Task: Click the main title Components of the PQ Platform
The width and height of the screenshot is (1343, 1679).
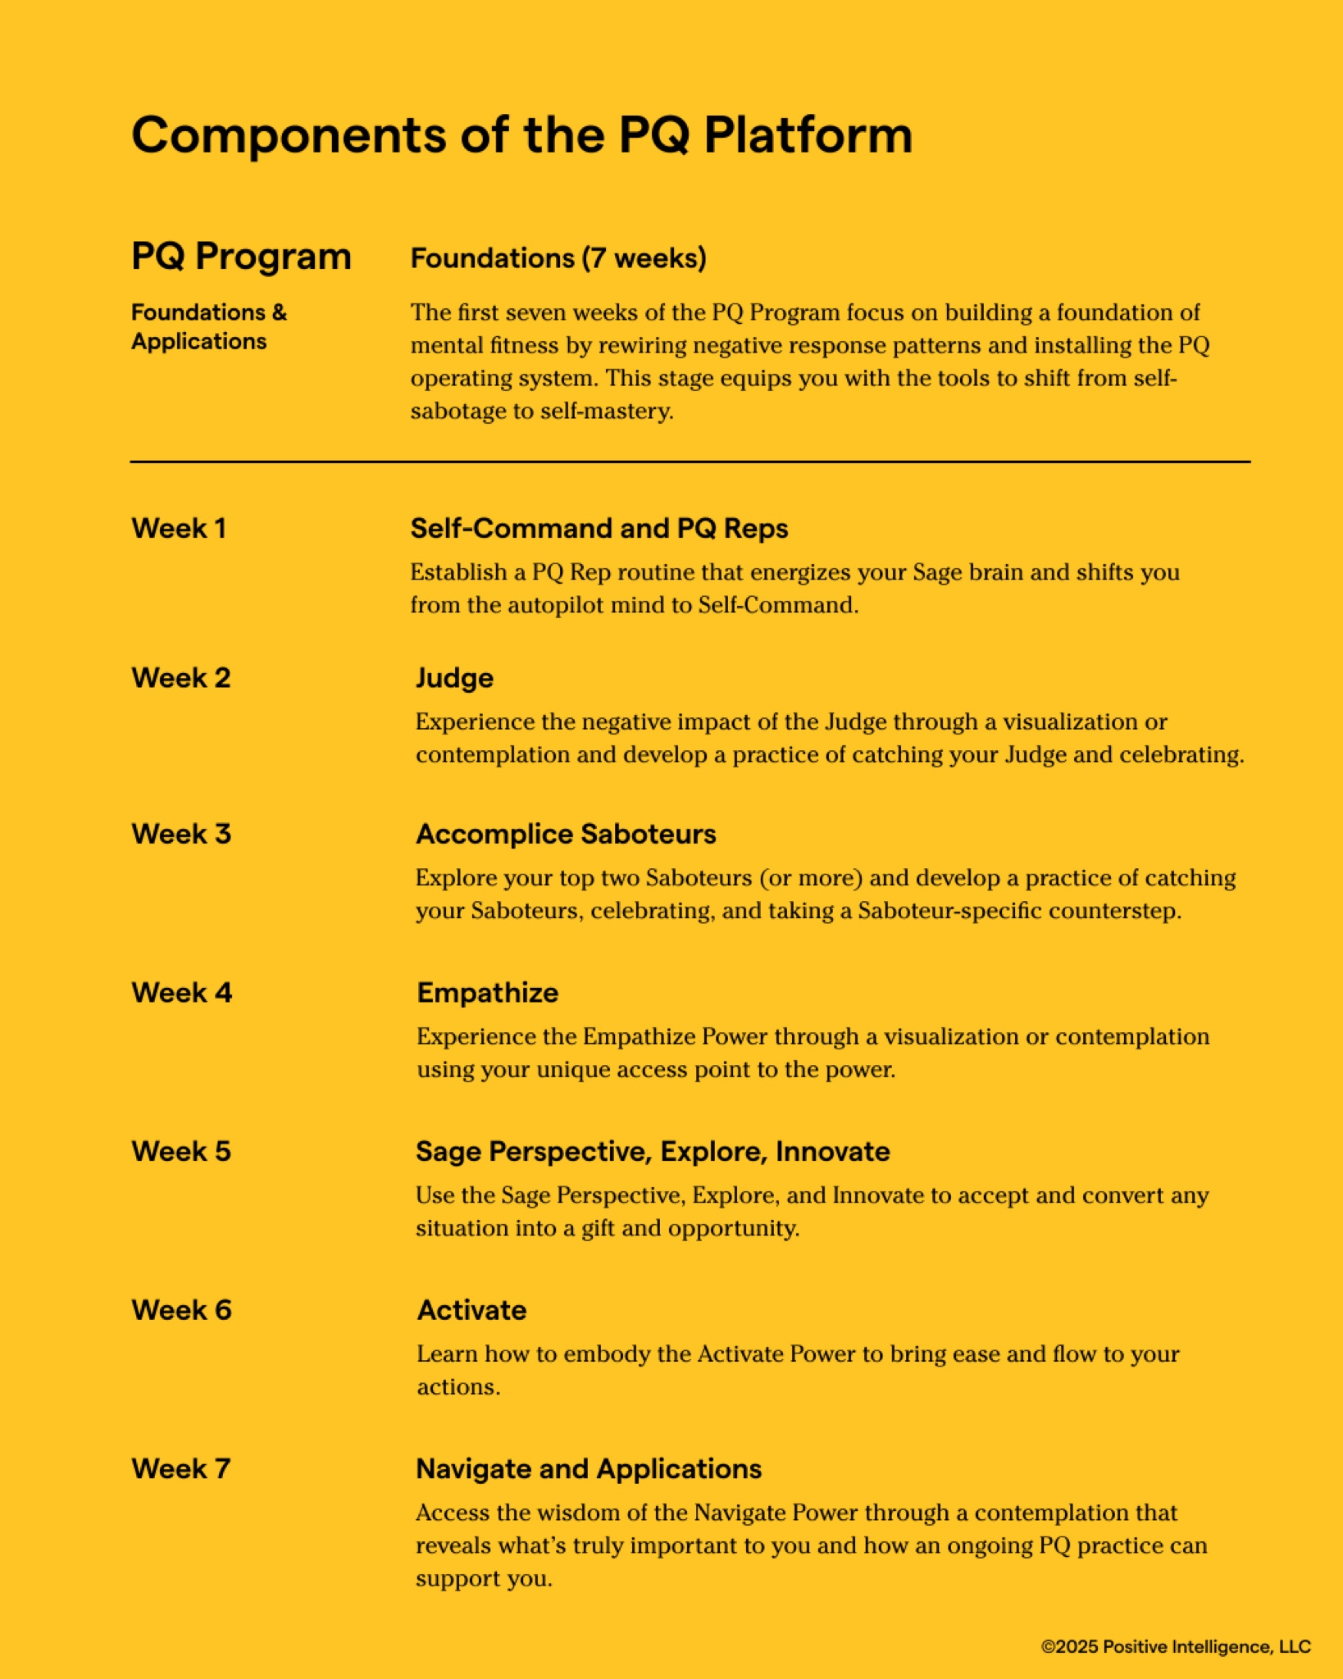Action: [521, 134]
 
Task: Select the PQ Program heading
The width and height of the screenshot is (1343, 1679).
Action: [241, 257]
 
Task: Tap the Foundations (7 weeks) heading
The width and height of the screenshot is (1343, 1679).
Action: [558, 258]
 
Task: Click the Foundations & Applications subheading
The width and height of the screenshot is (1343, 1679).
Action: [209, 326]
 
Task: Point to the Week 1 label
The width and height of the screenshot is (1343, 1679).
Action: [179, 528]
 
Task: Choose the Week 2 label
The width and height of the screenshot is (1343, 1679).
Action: [181, 678]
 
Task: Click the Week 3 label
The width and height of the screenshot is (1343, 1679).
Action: [181, 834]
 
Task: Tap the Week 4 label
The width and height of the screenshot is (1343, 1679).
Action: [182, 993]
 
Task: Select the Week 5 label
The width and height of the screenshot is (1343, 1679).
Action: [181, 1151]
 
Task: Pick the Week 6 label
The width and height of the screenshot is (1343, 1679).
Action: [182, 1310]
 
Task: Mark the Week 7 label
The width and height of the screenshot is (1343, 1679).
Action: [181, 1468]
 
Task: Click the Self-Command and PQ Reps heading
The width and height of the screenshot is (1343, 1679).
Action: [599, 528]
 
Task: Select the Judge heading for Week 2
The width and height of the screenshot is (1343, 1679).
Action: [454, 678]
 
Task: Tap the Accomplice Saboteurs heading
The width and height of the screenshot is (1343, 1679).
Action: [566, 834]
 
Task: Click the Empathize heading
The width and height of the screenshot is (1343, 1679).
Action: [488, 993]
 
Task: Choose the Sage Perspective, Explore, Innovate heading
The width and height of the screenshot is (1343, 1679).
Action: [653, 1151]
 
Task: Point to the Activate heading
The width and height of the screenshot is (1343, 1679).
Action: [471, 1310]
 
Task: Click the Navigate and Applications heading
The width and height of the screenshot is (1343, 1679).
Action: [589, 1468]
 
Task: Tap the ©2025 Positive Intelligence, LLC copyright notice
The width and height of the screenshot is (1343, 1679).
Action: [1176, 1646]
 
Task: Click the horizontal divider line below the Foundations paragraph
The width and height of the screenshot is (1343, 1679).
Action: [690, 462]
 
